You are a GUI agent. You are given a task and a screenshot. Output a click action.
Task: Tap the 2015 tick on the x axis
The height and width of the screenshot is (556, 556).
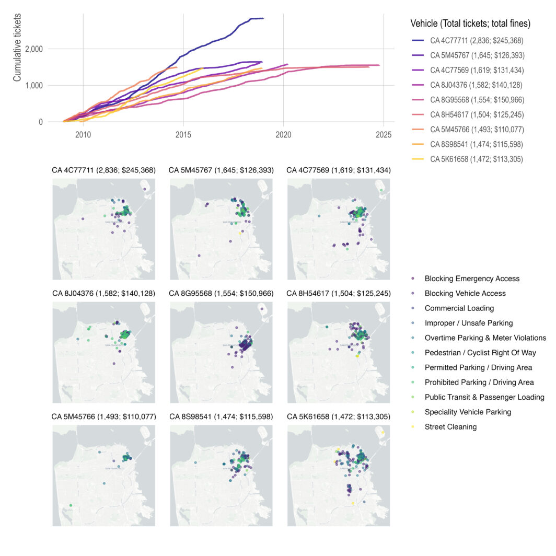[x=183, y=134]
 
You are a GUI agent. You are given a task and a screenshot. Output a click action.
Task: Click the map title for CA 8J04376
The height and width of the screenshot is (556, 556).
[x=103, y=293]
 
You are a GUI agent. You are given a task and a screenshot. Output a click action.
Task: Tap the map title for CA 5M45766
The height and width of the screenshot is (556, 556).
[x=103, y=416]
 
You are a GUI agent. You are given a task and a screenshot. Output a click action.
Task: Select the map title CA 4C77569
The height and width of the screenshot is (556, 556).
[x=339, y=170]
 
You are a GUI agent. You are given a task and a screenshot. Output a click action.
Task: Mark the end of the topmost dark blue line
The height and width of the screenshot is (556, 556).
[x=263, y=18]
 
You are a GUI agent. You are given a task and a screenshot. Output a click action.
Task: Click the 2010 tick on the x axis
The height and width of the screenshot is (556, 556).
[x=83, y=134]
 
